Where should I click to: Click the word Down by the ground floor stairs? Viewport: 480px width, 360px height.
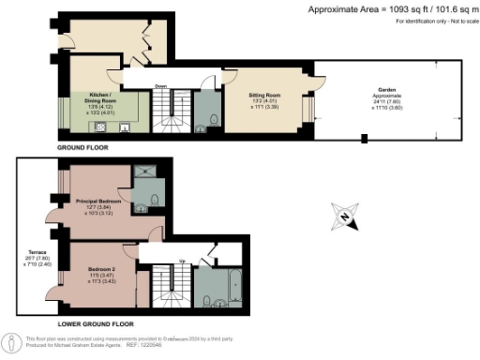point(160,84)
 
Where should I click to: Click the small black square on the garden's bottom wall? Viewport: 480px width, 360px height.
point(364,141)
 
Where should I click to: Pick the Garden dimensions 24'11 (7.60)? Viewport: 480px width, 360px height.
point(386,102)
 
